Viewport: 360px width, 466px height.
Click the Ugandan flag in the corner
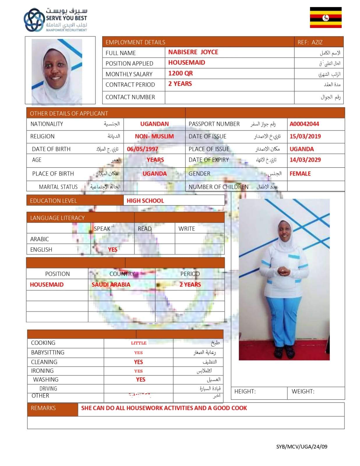(x=325, y=17)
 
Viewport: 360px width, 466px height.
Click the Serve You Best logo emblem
(x=33, y=20)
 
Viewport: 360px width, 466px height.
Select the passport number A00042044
(x=304, y=124)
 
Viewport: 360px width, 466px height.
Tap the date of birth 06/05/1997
(x=142, y=149)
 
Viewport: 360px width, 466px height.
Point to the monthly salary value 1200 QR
(x=180, y=73)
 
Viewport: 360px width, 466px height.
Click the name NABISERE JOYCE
(x=193, y=52)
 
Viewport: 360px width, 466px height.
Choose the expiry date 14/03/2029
(x=305, y=160)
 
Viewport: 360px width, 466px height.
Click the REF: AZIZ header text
(x=310, y=42)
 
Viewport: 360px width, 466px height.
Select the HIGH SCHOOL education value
(x=145, y=201)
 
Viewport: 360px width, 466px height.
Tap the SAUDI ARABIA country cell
(x=111, y=285)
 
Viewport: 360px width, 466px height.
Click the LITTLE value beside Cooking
(x=139, y=343)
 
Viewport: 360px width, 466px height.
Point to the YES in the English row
(x=113, y=250)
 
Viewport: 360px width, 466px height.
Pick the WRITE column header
(x=187, y=229)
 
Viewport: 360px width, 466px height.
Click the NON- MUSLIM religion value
(x=154, y=136)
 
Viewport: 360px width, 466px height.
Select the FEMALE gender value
(x=300, y=174)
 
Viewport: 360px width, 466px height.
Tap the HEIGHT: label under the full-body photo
(x=245, y=391)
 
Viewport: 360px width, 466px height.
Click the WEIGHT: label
(x=303, y=391)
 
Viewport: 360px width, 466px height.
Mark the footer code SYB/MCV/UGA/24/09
(x=302, y=446)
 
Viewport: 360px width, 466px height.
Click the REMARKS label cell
(x=43, y=408)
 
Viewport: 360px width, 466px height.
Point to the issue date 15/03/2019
(x=305, y=136)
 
